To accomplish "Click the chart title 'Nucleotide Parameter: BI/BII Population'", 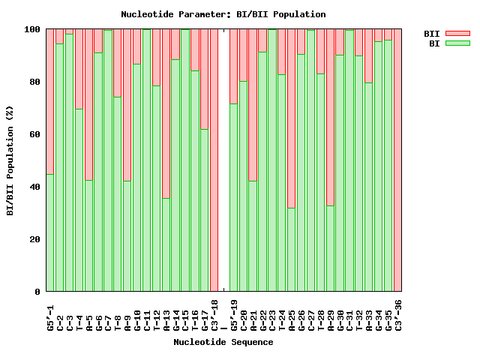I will click(x=223, y=14).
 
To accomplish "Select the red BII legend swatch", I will click(x=457, y=34).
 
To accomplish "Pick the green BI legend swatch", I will click(x=457, y=43).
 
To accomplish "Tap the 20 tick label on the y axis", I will click(x=35, y=239).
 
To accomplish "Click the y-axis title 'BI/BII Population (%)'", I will click(x=10, y=160).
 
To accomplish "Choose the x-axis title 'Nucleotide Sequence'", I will click(x=223, y=342).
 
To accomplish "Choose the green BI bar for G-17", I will click(x=205, y=210).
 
